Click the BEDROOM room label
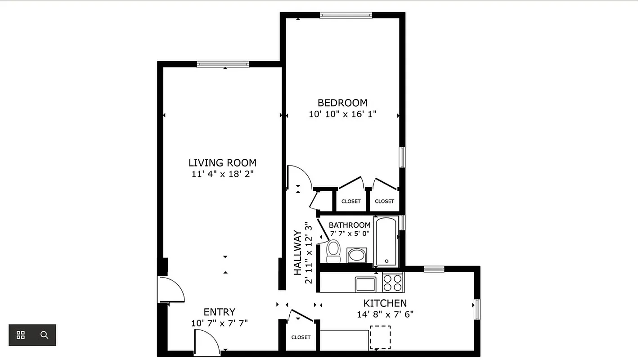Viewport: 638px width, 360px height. click(x=342, y=103)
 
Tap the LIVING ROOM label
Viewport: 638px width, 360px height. click(x=222, y=163)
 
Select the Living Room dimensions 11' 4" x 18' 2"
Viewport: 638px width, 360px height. click(x=222, y=174)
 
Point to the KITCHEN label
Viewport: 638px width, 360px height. click(x=385, y=303)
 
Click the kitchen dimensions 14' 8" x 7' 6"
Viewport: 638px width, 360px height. click(x=385, y=314)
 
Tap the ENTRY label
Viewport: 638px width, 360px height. click(x=219, y=312)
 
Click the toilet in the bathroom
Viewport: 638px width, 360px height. click(x=333, y=251)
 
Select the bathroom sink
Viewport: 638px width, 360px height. click(x=357, y=255)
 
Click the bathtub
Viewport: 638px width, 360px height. click(x=386, y=242)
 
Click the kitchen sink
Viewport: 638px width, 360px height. click(x=365, y=284)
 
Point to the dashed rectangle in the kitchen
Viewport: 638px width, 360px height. click(x=380, y=337)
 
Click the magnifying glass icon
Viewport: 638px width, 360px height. click(x=44, y=335)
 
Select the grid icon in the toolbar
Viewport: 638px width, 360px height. click(x=21, y=335)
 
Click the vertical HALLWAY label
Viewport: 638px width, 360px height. click(x=297, y=252)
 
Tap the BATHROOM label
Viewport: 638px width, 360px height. click(x=350, y=225)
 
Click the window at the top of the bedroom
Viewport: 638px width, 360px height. click(x=346, y=15)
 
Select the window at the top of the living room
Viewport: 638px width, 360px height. click(x=223, y=64)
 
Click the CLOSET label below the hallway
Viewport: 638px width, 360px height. click(x=301, y=337)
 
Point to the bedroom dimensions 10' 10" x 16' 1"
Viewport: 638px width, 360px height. click(x=342, y=114)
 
